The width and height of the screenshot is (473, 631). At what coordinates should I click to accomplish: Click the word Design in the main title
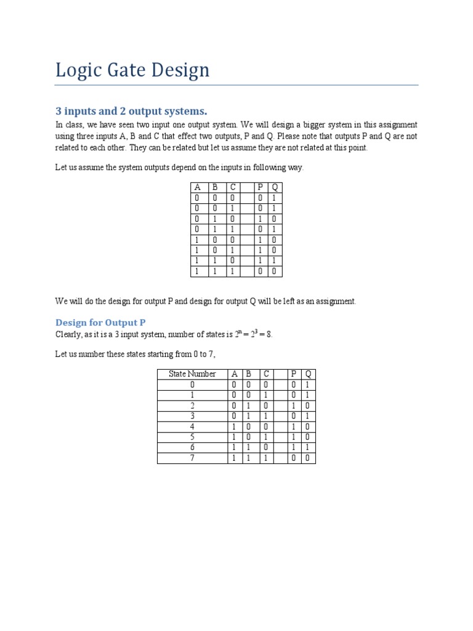[x=179, y=71]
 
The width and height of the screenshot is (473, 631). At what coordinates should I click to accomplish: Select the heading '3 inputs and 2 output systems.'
[x=131, y=111]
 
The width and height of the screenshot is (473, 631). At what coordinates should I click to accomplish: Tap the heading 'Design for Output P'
[x=100, y=322]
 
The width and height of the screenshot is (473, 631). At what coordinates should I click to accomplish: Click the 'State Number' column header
[x=192, y=374]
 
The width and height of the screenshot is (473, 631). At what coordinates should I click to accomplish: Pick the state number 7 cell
[x=192, y=458]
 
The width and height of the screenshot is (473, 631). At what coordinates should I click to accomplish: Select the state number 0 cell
[x=192, y=385]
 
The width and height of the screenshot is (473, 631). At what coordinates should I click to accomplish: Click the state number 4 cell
[x=192, y=426]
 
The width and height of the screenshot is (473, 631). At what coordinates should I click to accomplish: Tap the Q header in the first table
[x=275, y=188]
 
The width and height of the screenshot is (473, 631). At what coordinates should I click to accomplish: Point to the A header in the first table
[x=197, y=188]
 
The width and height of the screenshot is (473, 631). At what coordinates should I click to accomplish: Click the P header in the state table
[x=294, y=374]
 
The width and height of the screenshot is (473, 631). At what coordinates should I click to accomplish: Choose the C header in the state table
[x=266, y=374]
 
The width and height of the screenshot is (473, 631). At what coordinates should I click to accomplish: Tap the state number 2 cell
[x=192, y=405]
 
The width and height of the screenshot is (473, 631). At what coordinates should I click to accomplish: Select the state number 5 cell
[x=192, y=437]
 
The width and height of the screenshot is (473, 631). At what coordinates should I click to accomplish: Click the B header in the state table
[x=249, y=374]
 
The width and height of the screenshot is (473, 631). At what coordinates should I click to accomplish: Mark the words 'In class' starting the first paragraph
[x=68, y=124]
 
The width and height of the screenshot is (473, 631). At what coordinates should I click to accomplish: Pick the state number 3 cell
[x=192, y=416]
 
